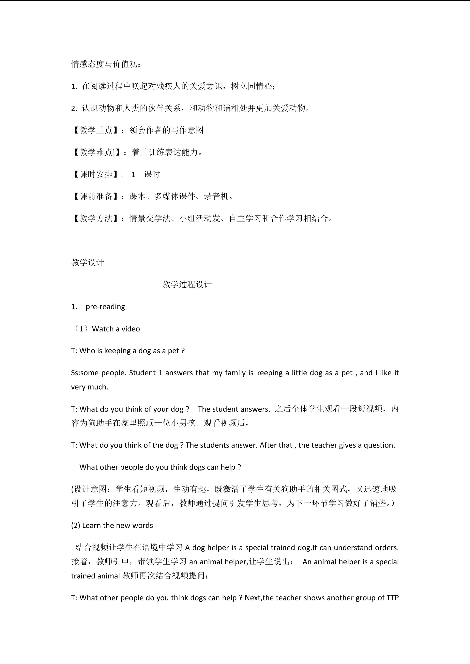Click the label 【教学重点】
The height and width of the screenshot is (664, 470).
click(96, 130)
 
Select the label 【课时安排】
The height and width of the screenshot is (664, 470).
click(96, 174)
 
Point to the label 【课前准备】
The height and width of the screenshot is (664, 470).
click(96, 196)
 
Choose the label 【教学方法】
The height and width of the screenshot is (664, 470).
click(96, 218)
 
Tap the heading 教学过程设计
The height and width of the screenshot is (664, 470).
click(187, 284)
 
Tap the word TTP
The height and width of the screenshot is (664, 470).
click(392, 598)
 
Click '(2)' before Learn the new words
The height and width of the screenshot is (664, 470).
click(76, 526)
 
